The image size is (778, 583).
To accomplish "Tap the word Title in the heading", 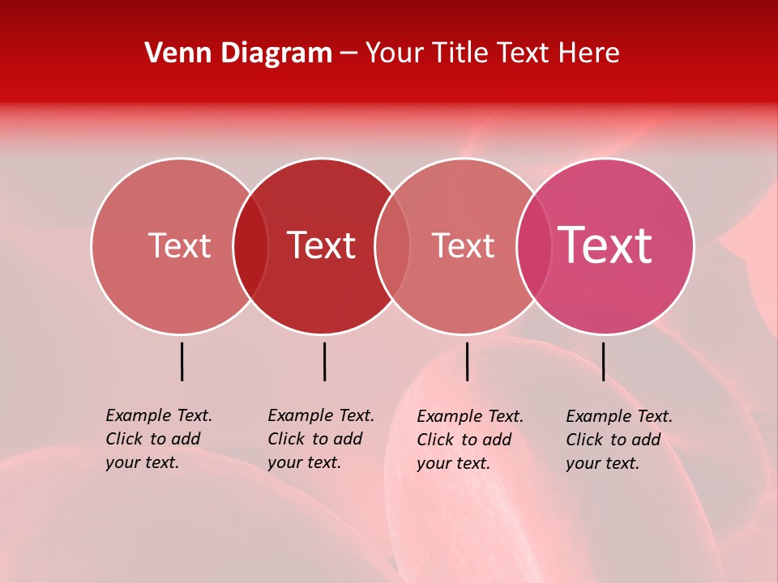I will (x=460, y=53).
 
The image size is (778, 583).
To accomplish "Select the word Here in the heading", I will (x=592, y=53).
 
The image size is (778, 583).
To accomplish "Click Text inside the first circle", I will (x=179, y=245).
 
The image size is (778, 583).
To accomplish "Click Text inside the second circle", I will (x=322, y=245).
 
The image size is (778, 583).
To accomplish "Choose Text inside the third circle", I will (x=463, y=245).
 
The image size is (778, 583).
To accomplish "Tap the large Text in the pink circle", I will (x=605, y=245).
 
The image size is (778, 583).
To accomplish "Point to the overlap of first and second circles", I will (x=250, y=246).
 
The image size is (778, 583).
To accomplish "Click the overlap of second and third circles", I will (x=392, y=246).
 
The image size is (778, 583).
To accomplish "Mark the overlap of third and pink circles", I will (x=534, y=246).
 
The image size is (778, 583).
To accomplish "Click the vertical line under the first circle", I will (x=182, y=361).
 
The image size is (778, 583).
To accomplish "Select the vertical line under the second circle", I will (x=324, y=361).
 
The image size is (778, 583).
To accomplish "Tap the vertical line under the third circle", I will (x=467, y=361).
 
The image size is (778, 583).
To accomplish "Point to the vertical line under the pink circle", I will (x=603, y=361).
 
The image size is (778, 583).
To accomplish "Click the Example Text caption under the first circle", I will (x=159, y=439).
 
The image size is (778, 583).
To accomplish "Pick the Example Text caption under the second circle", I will (x=321, y=439).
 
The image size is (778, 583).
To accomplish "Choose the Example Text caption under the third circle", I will (x=470, y=440).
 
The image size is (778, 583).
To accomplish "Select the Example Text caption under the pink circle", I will (x=619, y=440).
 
